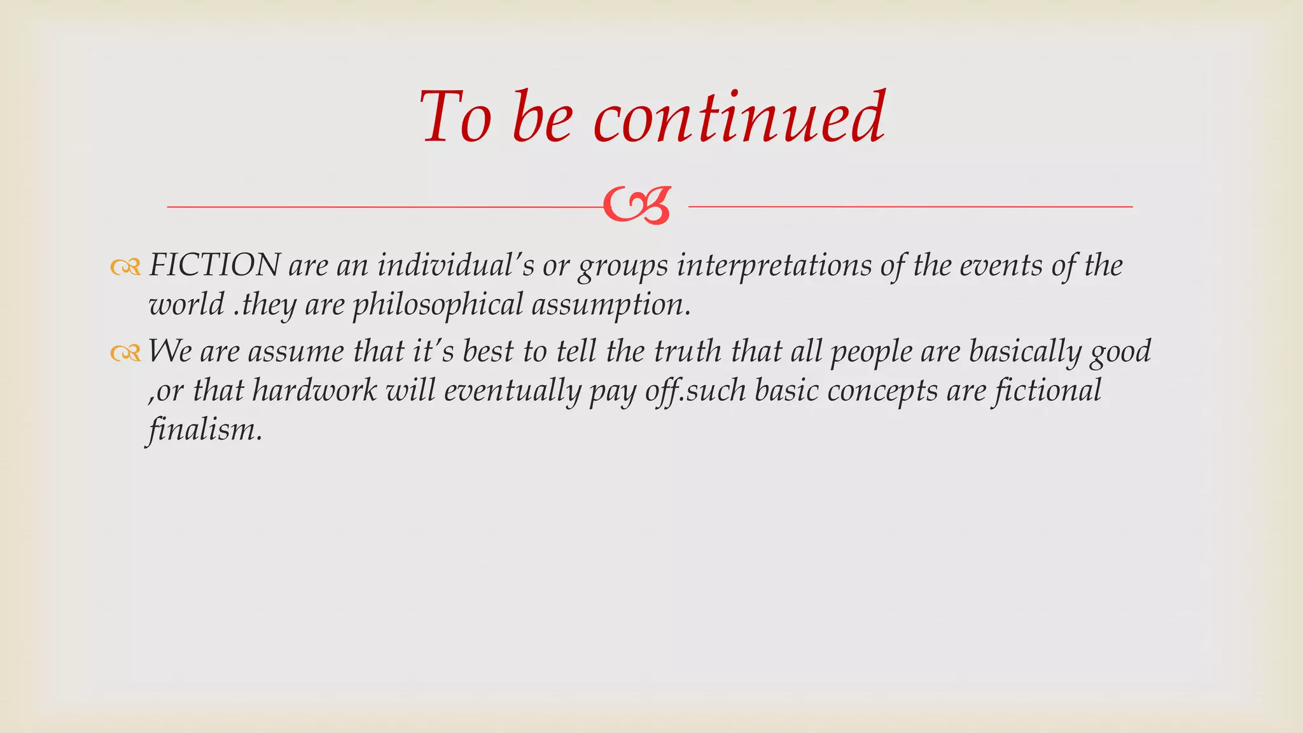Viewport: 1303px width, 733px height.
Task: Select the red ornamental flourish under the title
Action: pyautogui.click(x=636, y=206)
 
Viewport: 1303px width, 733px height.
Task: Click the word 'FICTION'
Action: pyautogui.click(x=214, y=265)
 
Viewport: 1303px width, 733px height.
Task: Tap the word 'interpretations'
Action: pyautogui.click(x=774, y=265)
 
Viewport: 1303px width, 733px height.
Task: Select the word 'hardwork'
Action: pyautogui.click(x=314, y=391)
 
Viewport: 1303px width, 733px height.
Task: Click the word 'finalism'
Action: pyautogui.click(x=202, y=430)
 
